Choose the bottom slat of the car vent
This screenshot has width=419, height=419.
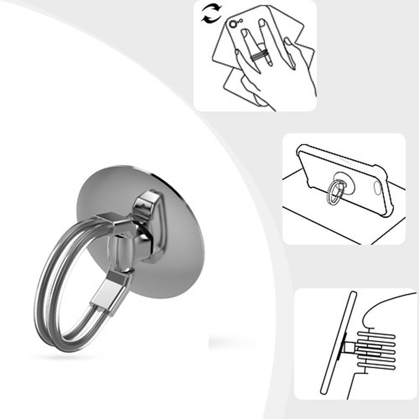click(x=376, y=367)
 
